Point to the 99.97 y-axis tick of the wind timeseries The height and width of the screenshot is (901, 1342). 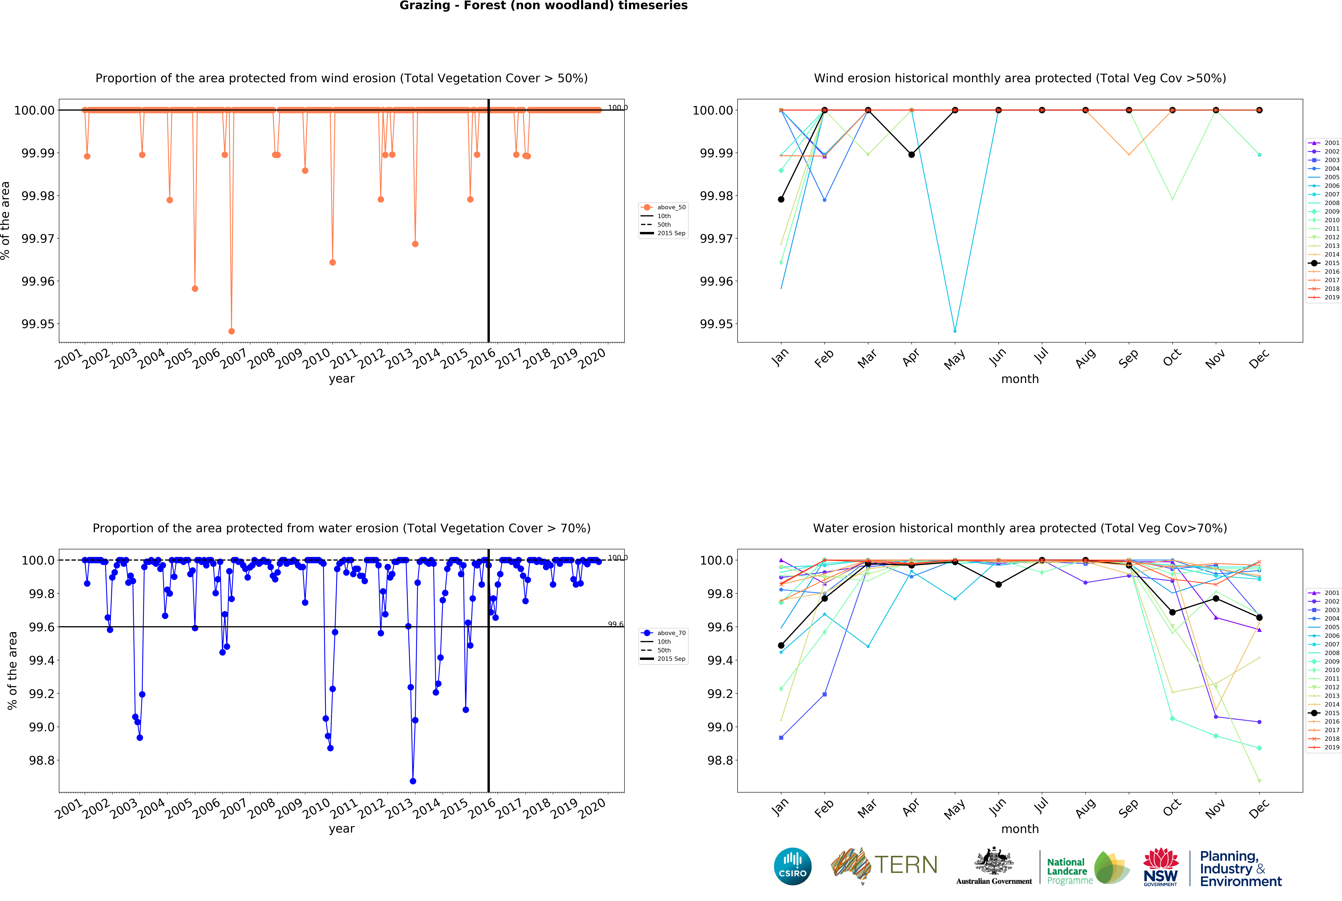38,238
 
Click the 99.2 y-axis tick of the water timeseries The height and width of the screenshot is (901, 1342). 41,694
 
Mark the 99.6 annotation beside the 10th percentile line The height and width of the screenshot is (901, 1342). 615,625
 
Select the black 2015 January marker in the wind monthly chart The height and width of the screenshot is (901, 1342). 781,199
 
